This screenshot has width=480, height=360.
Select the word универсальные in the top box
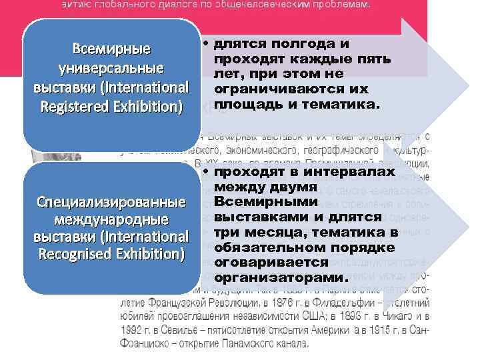[111, 69]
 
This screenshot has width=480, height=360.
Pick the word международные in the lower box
[111, 219]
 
